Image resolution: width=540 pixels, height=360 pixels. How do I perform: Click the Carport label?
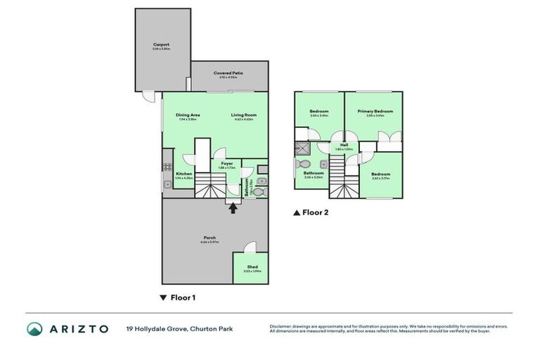click(x=161, y=44)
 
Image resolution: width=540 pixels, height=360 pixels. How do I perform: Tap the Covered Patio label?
click(x=229, y=72)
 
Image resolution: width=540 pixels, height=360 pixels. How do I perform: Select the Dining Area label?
click(x=188, y=115)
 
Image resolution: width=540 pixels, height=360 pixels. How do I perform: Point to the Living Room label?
click(x=245, y=115)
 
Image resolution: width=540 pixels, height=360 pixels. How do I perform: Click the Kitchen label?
click(x=184, y=174)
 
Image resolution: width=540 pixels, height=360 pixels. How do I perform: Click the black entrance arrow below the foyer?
click(x=233, y=206)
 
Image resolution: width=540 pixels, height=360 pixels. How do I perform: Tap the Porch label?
click(x=210, y=238)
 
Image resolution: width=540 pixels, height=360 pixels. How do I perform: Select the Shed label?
click(x=252, y=267)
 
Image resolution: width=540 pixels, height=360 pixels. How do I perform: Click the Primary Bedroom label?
click(x=374, y=111)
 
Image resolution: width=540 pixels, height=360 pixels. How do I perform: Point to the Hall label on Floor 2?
click(x=345, y=145)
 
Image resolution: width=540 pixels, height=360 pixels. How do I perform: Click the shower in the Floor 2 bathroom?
click(x=302, y=148)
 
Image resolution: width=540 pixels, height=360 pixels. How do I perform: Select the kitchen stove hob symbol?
click(x=167, y=167)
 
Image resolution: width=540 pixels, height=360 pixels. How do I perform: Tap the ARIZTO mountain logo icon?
click(x=35, y=328)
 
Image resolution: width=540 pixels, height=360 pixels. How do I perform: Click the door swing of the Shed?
click(x=249, y=248)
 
